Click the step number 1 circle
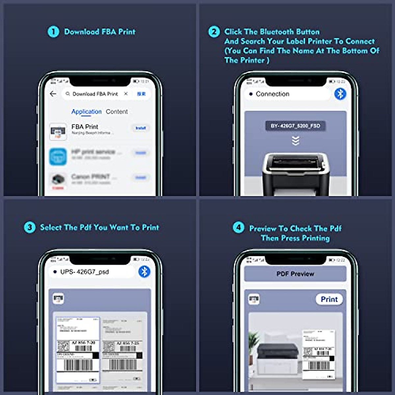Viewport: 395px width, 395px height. coord(53,32)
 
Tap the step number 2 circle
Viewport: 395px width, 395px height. coord(214,32)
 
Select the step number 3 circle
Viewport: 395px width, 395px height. coord(30,227)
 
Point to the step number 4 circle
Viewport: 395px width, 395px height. coord(239,227)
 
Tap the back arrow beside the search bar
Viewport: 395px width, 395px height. coord(53,94)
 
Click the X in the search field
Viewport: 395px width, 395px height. coord(126,94)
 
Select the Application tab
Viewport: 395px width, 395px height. coord(86,112)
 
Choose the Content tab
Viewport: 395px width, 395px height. coord(117,112)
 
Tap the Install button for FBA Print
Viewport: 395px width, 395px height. coord(141,128)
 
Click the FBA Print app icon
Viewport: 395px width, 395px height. coord(58,131)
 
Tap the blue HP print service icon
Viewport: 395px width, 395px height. coord(58,156)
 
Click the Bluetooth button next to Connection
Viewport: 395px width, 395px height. coord(340,94)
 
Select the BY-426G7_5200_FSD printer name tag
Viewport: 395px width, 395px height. coord(295,126)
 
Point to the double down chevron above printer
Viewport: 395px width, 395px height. coord(296,141)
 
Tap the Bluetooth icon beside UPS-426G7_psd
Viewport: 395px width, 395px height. coord(144,272)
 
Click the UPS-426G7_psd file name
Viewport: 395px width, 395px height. coord(84,272)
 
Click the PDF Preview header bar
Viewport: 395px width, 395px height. coord(295,274)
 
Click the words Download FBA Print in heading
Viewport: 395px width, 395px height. coord(100,32)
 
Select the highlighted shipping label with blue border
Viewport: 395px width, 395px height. coord(78,350)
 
